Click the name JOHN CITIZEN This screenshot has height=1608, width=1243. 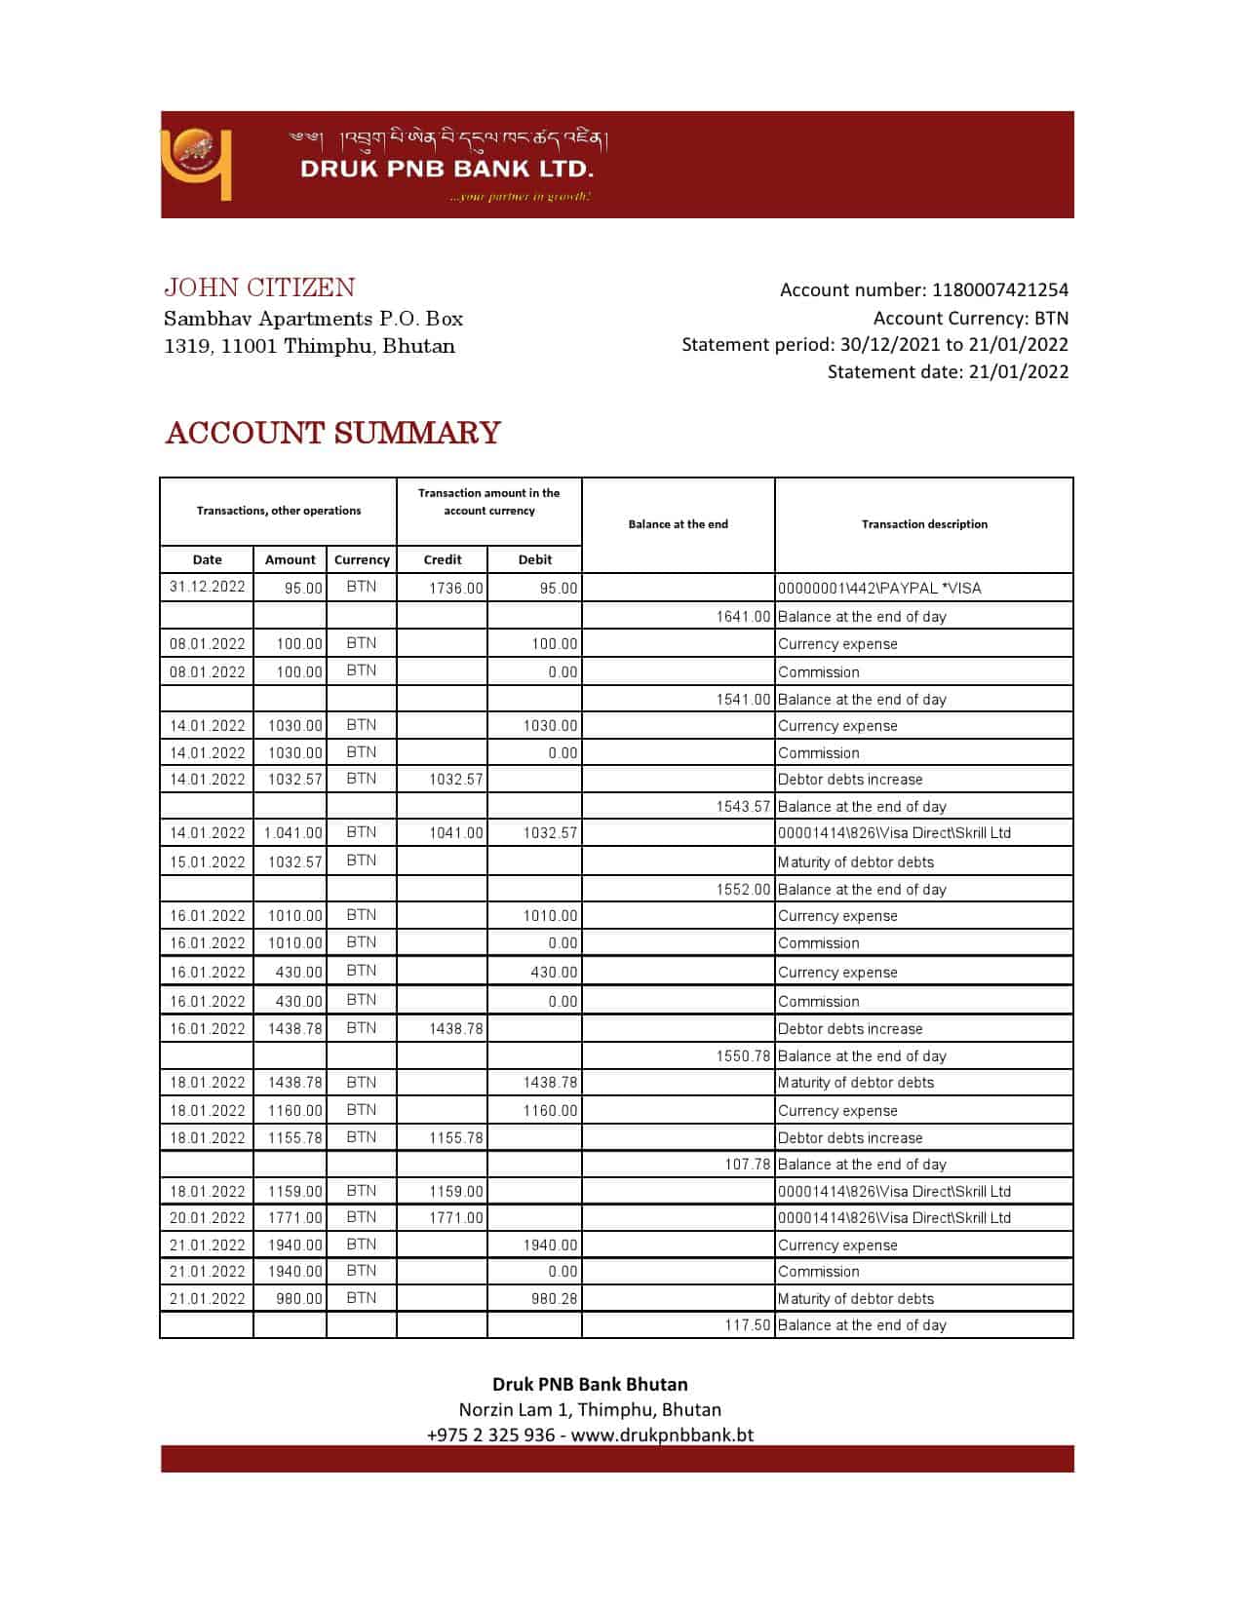coord(259,287)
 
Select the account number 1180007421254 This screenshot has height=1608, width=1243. coord(999,289)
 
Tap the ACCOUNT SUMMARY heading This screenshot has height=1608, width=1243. coord(332,433)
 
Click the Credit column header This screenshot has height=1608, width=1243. coord(443,559)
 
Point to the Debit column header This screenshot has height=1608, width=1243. coord(535,559)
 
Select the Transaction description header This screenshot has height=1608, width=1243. coord(924,524)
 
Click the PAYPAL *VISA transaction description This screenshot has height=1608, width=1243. coord(879,588)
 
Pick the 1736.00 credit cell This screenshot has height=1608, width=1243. coord(455,588)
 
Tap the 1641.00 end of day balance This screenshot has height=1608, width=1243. coord(743,616)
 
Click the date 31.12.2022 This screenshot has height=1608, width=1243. coord(207,587)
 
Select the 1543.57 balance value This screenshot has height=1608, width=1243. coord(743,806)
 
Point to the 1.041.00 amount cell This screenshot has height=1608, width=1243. coord(292,832)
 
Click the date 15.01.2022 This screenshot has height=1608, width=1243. coord(207,861)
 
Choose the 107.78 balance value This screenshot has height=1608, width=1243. coord(747,1164)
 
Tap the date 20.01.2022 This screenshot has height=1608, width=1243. coord(207,1217)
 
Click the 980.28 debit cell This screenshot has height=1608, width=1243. coord(554,1298)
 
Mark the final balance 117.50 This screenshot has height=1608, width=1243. coord(747,1324)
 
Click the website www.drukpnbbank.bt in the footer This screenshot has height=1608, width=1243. coord(662,1435)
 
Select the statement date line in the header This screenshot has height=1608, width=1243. coord(948,371)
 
